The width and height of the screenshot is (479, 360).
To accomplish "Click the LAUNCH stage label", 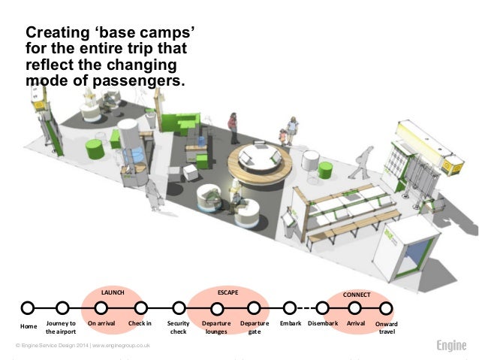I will (x=113, y=291).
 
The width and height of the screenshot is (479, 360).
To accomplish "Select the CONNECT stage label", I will (x=357, y=295).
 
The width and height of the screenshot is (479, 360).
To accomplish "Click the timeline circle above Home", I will (x=28, y=307).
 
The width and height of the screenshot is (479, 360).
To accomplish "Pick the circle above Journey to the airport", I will (x=62, y=307).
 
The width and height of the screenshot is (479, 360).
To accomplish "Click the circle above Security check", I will (x=179, y=307).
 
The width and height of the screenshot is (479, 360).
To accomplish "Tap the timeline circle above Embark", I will (x=290, y=307).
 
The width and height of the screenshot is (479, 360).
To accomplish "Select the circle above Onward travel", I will (x=386, y=307).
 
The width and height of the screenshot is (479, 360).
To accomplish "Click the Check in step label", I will (x=140, y=323).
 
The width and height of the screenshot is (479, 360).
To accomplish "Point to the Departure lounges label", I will (x=216, y=327).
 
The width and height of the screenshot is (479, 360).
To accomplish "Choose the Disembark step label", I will (x=323, y=323).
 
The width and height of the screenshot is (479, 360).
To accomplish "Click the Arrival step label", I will (x=356, y=323).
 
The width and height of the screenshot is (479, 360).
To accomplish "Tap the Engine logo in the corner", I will (x=451, y=346).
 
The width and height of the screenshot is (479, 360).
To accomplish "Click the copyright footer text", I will (x=83, y=345).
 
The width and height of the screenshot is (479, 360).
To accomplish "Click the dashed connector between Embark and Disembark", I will (x=306, y=307).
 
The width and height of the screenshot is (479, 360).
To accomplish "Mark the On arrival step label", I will (x=101, y=323).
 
